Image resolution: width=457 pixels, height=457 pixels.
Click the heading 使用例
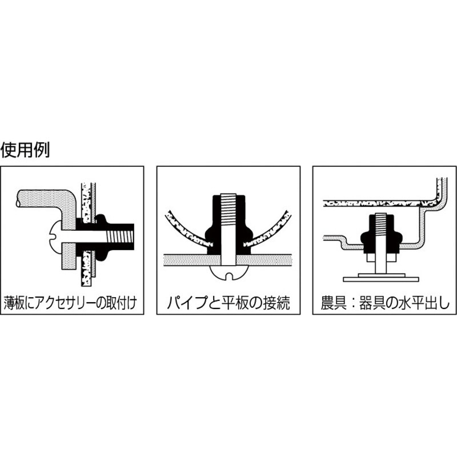pos(25,150)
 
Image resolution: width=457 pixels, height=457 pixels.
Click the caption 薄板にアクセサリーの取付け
pos(70,303)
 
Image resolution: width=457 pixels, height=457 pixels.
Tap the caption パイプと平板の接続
pos(228,303)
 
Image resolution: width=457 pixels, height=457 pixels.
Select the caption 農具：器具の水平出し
pos(384,303)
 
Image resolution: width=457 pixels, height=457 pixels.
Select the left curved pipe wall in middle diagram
pos(187,230)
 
